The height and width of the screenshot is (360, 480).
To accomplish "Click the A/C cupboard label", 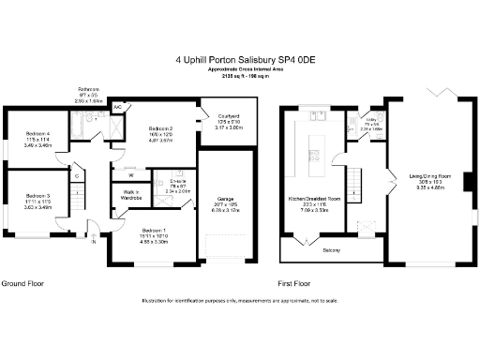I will (x=117, y=108).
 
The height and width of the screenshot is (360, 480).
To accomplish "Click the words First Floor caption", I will (x=295, y=282).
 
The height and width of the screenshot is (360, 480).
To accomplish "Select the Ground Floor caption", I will (x=23, y=282).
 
